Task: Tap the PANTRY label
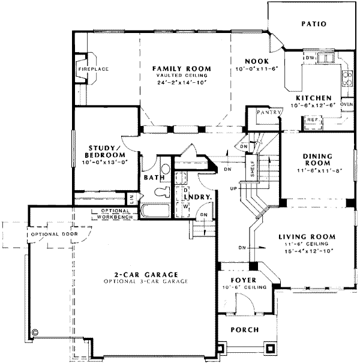click(x=265, y=112)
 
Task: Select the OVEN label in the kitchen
click(x=346, y=103)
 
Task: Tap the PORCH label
click(x=244, y=329)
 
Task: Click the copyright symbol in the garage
click(x=35, y=331)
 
